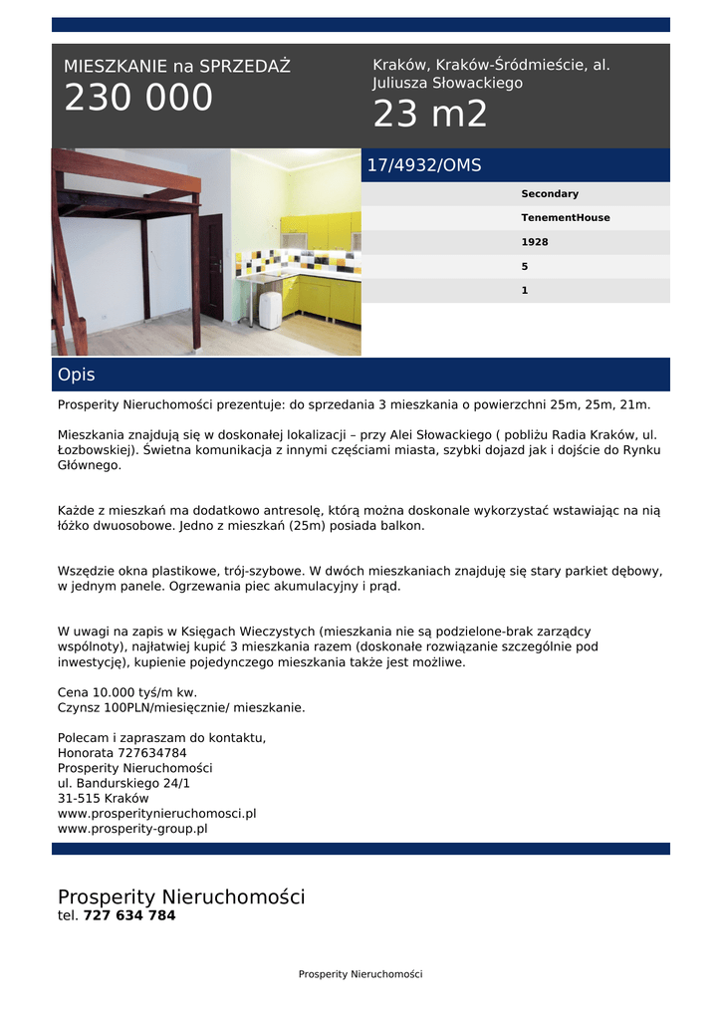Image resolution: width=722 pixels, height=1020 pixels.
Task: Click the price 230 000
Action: (x=138, y=98)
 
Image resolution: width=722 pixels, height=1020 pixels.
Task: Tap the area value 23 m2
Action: (x=430, y=115)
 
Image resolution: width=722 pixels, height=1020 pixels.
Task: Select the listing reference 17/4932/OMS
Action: (x=424, y=165)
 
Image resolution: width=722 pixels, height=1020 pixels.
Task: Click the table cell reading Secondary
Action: (x=550, y=194)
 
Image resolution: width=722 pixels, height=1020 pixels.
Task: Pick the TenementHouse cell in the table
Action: (x=566, y=218)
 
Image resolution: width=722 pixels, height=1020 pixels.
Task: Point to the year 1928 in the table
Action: (x=535, y=242)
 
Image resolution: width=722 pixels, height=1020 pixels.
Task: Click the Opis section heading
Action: (x=77, y=375)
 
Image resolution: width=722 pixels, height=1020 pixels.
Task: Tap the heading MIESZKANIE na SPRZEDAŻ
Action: (x=177, y=67)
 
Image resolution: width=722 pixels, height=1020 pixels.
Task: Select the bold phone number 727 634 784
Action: (x=129, y=915)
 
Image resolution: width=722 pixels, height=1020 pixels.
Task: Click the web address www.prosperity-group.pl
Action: (x=132, y=828)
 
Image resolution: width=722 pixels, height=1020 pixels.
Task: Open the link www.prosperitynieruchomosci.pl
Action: (x=157, y=813)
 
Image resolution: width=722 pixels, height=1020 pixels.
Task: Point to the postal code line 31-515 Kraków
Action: (x=104, y=798)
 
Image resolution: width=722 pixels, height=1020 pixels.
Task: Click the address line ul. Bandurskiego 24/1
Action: (x=124, y=783)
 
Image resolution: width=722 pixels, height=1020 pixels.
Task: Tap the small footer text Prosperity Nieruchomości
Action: (x=361, y=974)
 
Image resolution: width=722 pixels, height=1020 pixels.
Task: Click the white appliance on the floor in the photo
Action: (x=271, y=310)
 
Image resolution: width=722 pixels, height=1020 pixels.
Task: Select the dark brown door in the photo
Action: (x=212, y=267)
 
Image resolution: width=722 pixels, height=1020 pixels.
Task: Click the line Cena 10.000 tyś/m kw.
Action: (x=127, y=692)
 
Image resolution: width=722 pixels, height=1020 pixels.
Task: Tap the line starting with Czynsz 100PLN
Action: (x=181, y=707)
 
